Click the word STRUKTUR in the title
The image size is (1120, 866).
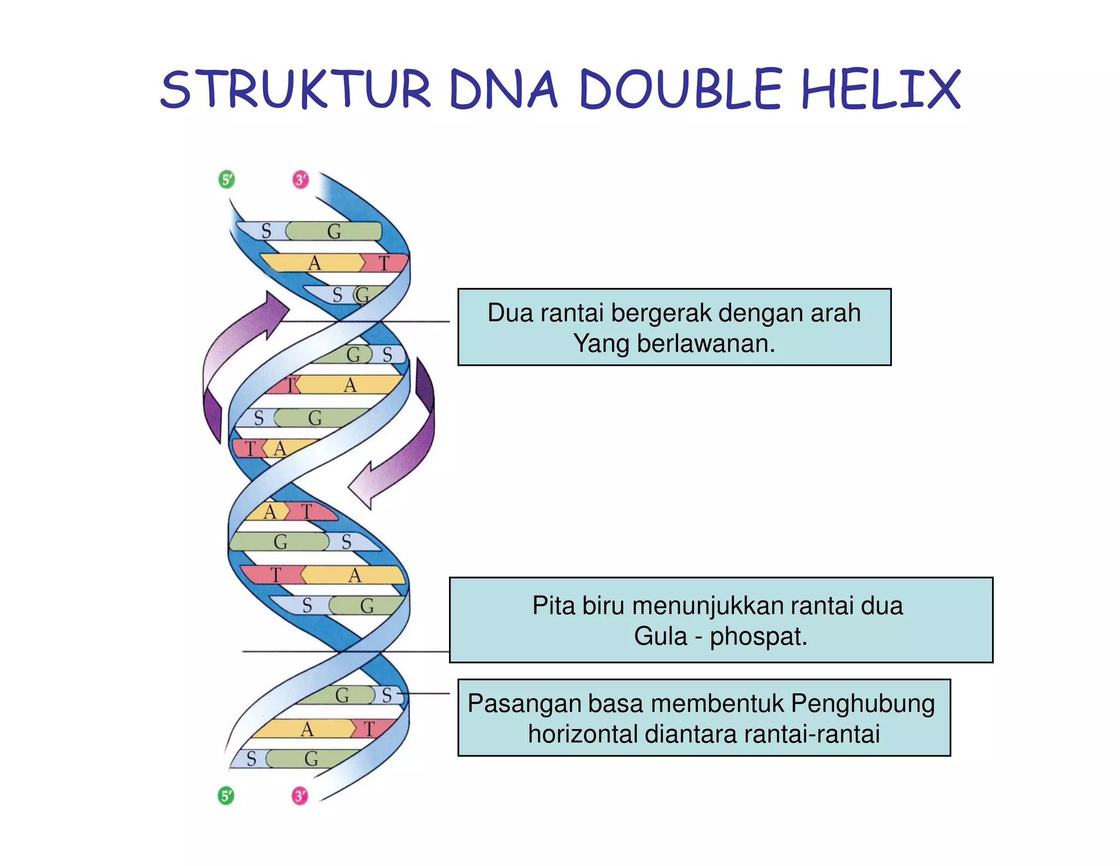[296, 89]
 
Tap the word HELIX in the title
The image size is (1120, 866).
[880, 89]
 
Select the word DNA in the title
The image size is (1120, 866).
[503, 89]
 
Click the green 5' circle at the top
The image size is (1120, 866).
[226, 179]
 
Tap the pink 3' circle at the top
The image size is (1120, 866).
[301, 179]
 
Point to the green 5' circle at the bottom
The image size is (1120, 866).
[226, 795]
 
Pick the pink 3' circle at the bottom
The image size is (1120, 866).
[300, 795]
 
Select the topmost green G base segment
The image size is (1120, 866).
[334, 231]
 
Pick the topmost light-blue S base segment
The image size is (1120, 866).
[266, 231]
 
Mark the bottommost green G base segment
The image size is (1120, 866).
[312, 759]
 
